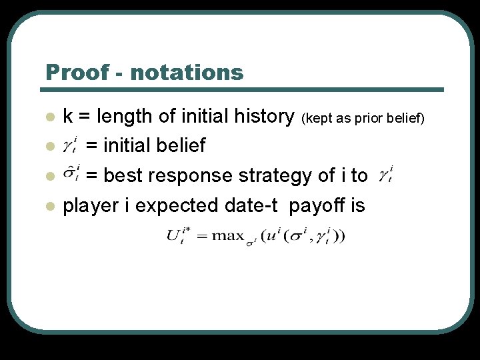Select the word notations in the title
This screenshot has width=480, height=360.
coord(187,72)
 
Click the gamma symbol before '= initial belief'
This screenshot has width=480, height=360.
coord(71,146)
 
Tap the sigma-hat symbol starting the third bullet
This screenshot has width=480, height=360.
coord(71,175)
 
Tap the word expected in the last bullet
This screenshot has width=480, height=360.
coord(177,205)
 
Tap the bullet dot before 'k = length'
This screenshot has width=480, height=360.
coord(49,117)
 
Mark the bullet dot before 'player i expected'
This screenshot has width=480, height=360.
coord(49,206)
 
